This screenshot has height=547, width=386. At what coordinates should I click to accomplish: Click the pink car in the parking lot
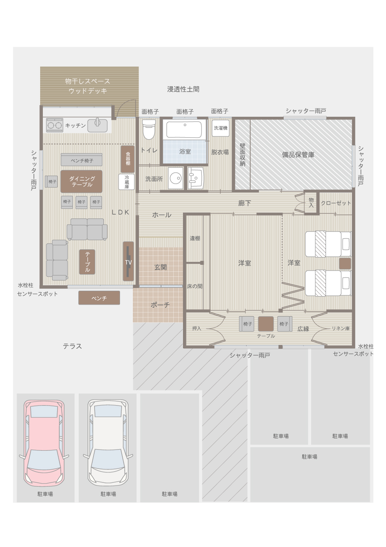(x=44, y=443)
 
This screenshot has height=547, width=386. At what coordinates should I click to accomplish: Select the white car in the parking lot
(x=108, y=443)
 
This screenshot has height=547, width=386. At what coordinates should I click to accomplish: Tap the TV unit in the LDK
(x=128, y=262)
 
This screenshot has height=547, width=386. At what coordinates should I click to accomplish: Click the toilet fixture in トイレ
(x=149, y=129)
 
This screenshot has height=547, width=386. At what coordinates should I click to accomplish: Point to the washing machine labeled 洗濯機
(x=220, y=128)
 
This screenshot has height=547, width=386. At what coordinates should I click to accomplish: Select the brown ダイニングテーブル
(x=81, y=181)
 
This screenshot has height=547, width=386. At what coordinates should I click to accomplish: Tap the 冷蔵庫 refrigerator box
(x=126, y=182)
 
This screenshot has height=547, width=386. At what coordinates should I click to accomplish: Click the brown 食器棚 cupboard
(x=128, y=159)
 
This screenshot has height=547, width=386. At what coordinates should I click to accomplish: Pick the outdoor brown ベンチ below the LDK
(x=99, y=298)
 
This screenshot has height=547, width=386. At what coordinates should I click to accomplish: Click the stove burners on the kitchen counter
(x=54, y=125)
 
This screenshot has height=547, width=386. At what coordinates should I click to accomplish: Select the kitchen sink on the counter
(x=97, y=125)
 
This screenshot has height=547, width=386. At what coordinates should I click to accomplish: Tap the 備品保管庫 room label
(x=298, y=155)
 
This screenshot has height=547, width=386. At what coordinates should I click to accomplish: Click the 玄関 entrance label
(x=160, y=267)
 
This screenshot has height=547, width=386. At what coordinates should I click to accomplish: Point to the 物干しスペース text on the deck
(x=88, y=81)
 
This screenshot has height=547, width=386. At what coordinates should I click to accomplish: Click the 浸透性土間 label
(x=183, y=89)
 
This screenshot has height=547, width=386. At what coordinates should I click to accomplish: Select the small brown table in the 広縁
(x=266, y=323)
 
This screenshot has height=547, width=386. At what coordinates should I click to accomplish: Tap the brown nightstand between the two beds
(x=345, y=264)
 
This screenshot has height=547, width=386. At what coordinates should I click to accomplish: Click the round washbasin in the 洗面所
(x=176, y=178)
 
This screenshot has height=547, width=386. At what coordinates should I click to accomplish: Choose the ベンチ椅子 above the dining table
(x=81, y=160)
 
